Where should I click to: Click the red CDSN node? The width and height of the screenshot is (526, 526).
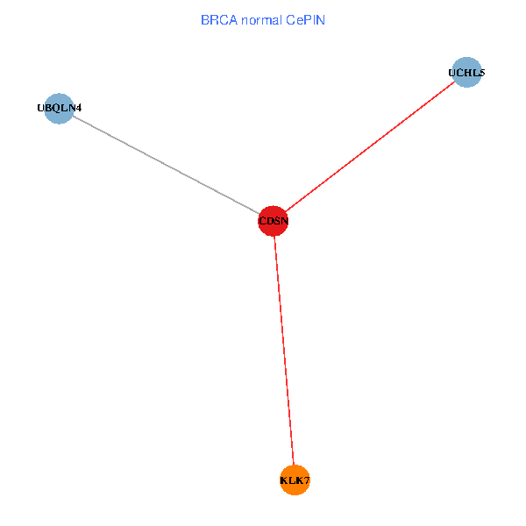tap(274, 221)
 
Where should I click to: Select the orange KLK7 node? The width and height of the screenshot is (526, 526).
tap(295, 480)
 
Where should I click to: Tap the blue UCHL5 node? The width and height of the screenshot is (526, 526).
tap(466, 73)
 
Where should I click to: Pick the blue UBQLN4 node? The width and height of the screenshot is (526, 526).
tap(59, 108)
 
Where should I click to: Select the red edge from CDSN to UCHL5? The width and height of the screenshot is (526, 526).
tap(368, 147)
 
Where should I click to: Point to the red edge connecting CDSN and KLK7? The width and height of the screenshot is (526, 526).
tap(284, 351)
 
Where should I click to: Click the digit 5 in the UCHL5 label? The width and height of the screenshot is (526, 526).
tap(481, 73)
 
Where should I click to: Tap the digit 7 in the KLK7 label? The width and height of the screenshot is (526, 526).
tap(307, 480)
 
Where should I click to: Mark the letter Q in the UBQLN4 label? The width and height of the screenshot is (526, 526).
tap(55, 108)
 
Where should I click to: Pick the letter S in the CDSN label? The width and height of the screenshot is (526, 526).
tap(277, 222)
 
